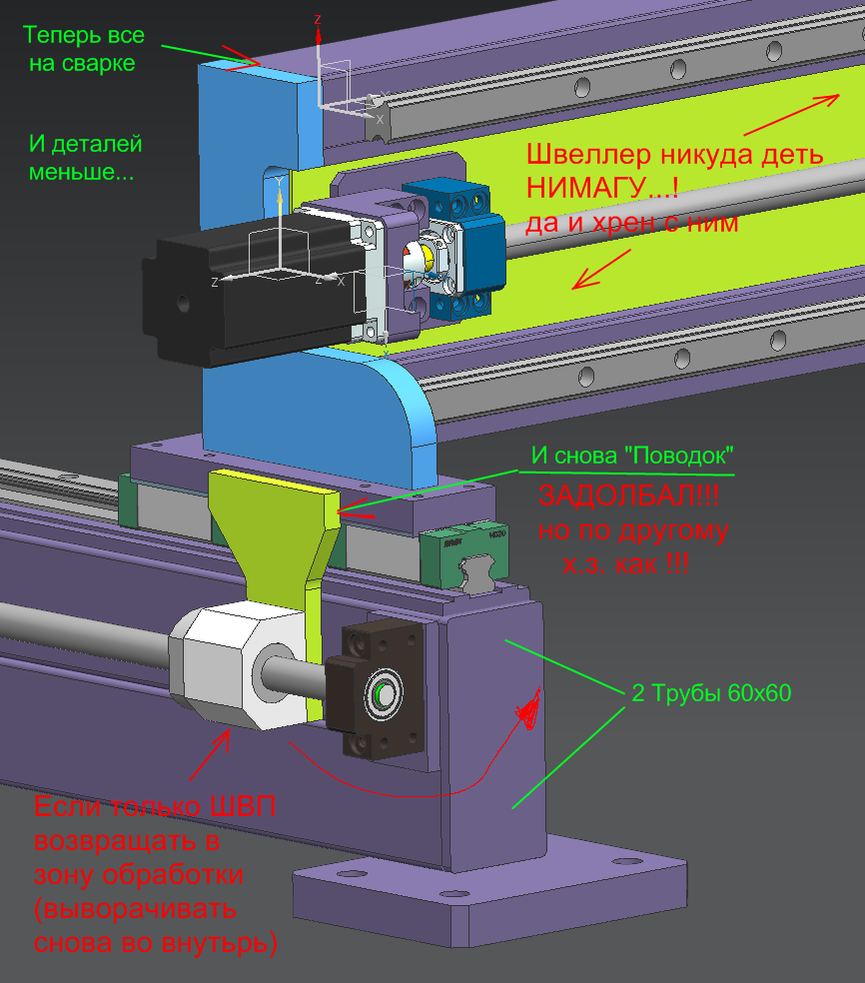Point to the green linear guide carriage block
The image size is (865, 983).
[464, 551]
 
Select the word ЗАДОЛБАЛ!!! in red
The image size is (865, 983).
[628, 495]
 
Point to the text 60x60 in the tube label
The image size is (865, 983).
[759, 692]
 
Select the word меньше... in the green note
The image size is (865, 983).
[82, 172]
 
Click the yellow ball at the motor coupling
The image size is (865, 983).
[428, 255]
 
